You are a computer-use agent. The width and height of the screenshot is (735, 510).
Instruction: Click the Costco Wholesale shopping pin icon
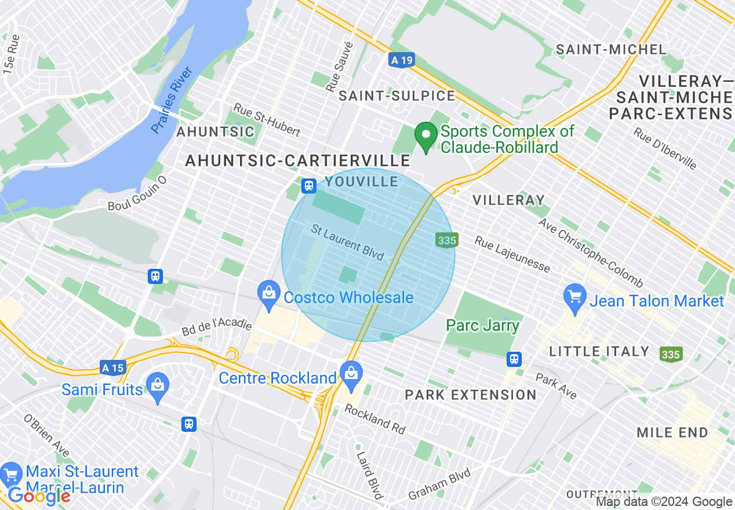point(269,292)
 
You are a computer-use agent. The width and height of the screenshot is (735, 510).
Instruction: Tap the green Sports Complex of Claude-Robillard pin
point(427,136)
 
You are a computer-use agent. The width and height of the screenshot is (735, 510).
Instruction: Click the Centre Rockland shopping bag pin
point(351,374)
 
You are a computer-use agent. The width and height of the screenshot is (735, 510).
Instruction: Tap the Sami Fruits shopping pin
point(158,385)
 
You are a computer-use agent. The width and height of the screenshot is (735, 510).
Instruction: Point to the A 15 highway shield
point(112,367)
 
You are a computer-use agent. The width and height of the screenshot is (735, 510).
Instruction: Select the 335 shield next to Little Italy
point(671,354)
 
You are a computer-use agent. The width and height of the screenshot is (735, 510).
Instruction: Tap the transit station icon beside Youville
point(309,186)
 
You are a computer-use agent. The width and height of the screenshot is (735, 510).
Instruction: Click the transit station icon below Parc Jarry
point(514,359)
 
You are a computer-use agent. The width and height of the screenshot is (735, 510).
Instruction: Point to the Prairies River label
point(172,100)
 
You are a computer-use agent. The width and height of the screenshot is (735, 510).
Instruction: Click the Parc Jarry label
point(482,326)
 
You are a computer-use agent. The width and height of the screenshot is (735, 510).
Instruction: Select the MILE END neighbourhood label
point(672,432)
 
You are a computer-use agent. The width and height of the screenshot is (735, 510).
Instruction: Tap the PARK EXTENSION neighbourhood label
point(471,395)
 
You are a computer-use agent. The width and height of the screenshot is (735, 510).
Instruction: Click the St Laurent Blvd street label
point(348,242)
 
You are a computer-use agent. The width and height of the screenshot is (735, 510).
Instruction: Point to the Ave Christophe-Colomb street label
point(590,253)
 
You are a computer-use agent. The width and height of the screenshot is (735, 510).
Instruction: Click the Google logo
point(39,496)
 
